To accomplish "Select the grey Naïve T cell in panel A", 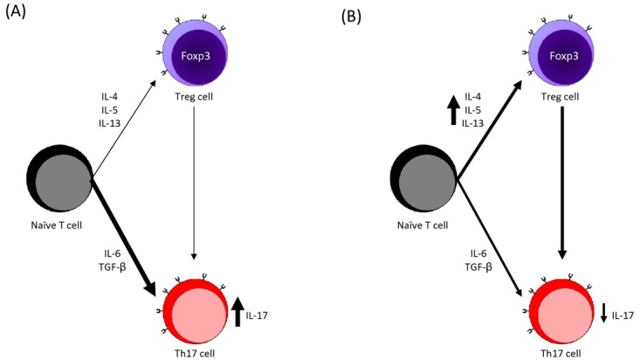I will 62,179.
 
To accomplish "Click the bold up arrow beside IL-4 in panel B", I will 453,110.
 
